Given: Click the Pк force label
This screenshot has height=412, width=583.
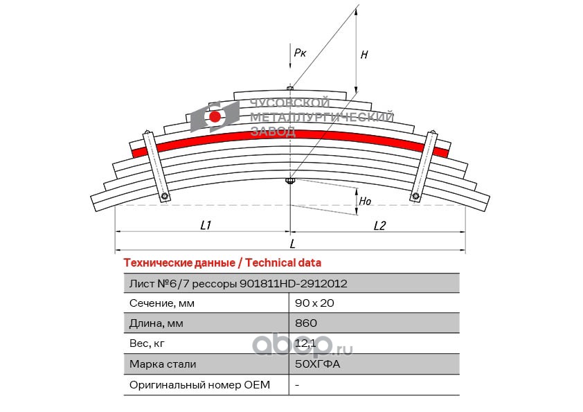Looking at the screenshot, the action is point(300,53).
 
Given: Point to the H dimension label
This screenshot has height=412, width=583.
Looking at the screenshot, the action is point(364,55).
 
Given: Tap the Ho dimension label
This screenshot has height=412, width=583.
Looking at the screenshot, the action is point(365,201).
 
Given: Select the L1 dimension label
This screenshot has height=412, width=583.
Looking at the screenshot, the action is point(206,225).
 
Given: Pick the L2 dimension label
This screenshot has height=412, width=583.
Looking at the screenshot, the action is point(379,225).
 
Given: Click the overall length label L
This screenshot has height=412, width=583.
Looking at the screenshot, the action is point(293,244).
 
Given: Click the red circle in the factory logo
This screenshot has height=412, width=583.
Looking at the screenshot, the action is point(215,117).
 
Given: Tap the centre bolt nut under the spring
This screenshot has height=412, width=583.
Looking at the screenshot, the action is point(290,181).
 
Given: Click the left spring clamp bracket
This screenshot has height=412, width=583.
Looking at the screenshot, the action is point(156,166).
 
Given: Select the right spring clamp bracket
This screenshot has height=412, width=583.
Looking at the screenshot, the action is point(424,166).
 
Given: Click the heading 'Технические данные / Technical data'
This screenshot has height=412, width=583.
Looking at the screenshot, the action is point(222,263).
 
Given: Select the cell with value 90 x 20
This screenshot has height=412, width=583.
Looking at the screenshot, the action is point(314,303).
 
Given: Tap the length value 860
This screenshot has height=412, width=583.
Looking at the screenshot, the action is point(306,323).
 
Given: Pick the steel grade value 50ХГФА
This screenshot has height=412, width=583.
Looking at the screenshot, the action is point(318,364).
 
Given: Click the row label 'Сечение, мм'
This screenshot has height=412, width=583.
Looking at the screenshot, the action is point(162,303).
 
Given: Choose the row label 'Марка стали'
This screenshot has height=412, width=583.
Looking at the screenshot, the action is point(163,364).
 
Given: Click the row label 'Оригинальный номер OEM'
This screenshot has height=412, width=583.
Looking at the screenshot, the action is point(199,385).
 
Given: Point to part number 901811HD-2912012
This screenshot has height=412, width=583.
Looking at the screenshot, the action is point(294,284).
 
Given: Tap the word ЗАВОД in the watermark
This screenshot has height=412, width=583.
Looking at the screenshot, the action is point(273,131).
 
